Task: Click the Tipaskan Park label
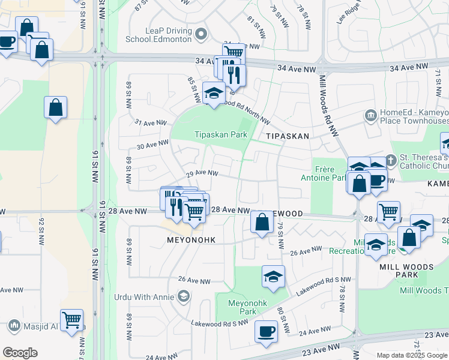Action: click(221, 135)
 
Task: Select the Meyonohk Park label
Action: click(243, 307)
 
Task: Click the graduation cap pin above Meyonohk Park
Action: click(273, 277)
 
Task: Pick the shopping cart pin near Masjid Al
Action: click(71, 320)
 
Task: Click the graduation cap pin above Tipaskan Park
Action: click(213, 93)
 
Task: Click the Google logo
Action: click(20, 353)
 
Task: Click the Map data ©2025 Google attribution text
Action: click(412, 355)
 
